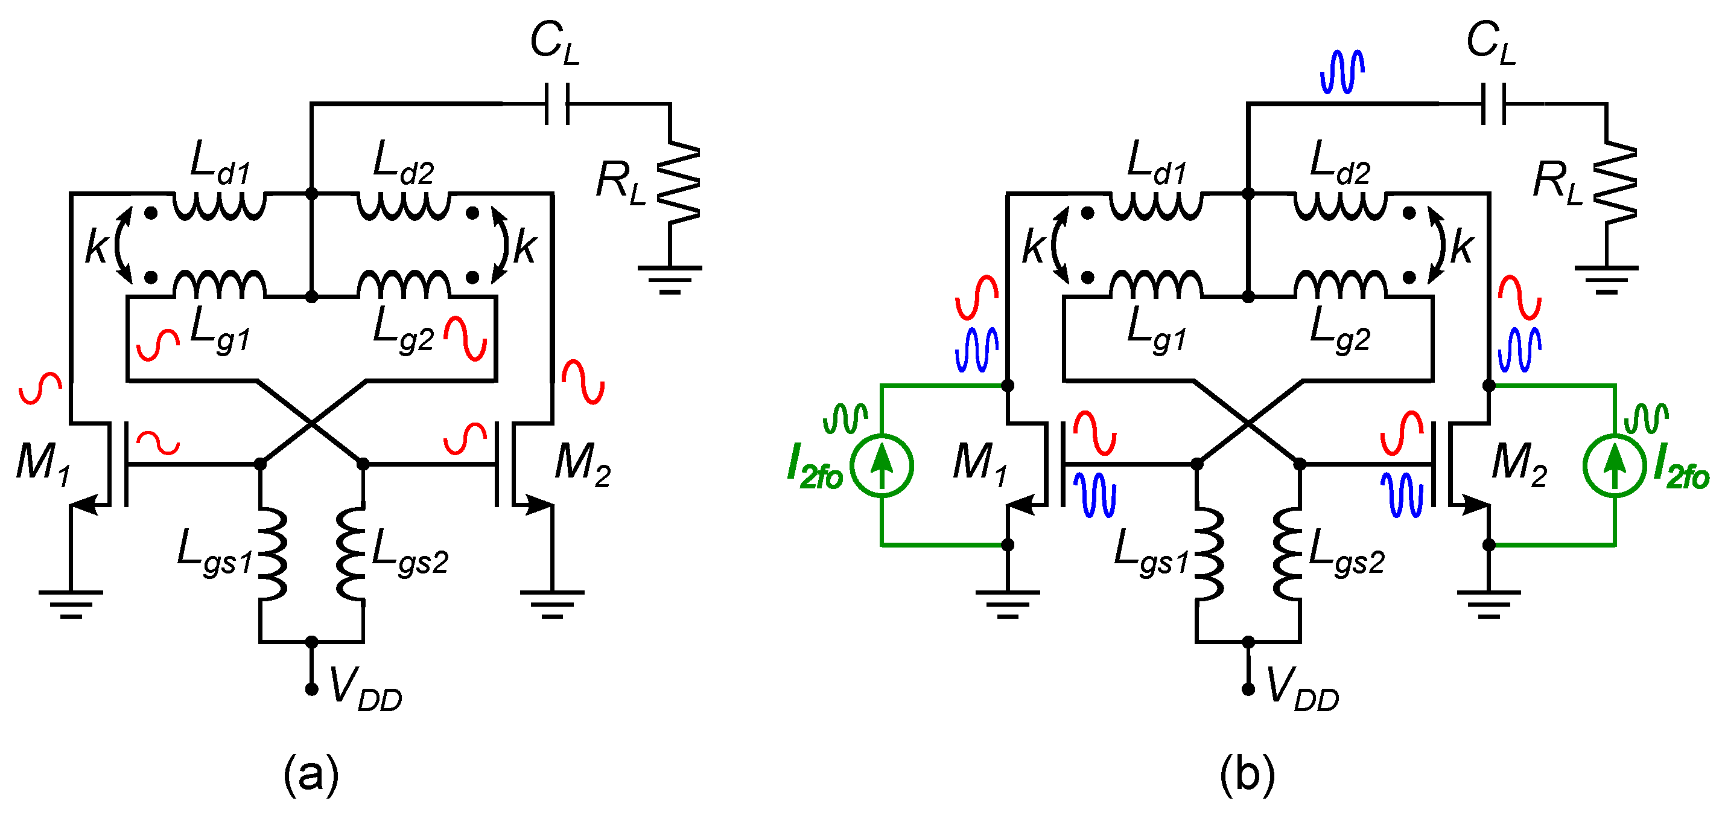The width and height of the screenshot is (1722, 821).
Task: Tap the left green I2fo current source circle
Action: pos(882,465)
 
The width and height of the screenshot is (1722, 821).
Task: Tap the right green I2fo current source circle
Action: pos(1615,465)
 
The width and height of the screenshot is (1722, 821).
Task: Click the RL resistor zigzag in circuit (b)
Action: pos(1615,182)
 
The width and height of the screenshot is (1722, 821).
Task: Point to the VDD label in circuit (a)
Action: pos(365,689)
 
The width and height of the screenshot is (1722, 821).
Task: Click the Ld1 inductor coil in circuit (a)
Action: pos(219,205)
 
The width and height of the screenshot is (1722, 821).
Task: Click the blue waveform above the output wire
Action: pos(1342,72)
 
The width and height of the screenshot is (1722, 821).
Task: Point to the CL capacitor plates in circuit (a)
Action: pos(557,104)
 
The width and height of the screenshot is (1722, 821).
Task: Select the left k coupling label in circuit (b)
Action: pos(1033,246)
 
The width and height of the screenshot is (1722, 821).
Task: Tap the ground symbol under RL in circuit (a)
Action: pos(669,280)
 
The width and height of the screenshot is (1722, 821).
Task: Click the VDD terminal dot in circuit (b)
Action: pos(1247,689)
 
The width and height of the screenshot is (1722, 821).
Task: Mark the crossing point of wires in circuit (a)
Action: pos(311,423)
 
